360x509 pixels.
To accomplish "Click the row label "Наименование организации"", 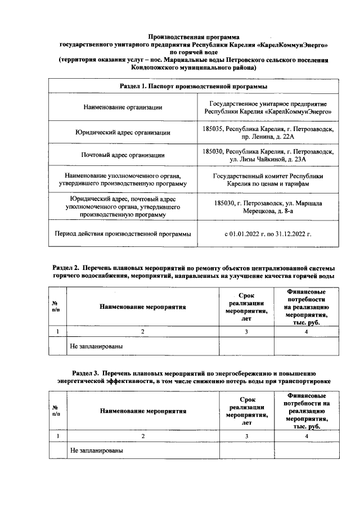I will [x=123, y=107].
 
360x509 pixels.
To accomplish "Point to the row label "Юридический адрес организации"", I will [x=123, y=133].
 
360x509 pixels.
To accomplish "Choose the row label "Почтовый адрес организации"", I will [x=123, y=155].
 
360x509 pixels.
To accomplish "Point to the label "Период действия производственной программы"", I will [x=123, y=233].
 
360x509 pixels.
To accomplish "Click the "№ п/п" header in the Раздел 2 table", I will [x=57, y=307].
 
